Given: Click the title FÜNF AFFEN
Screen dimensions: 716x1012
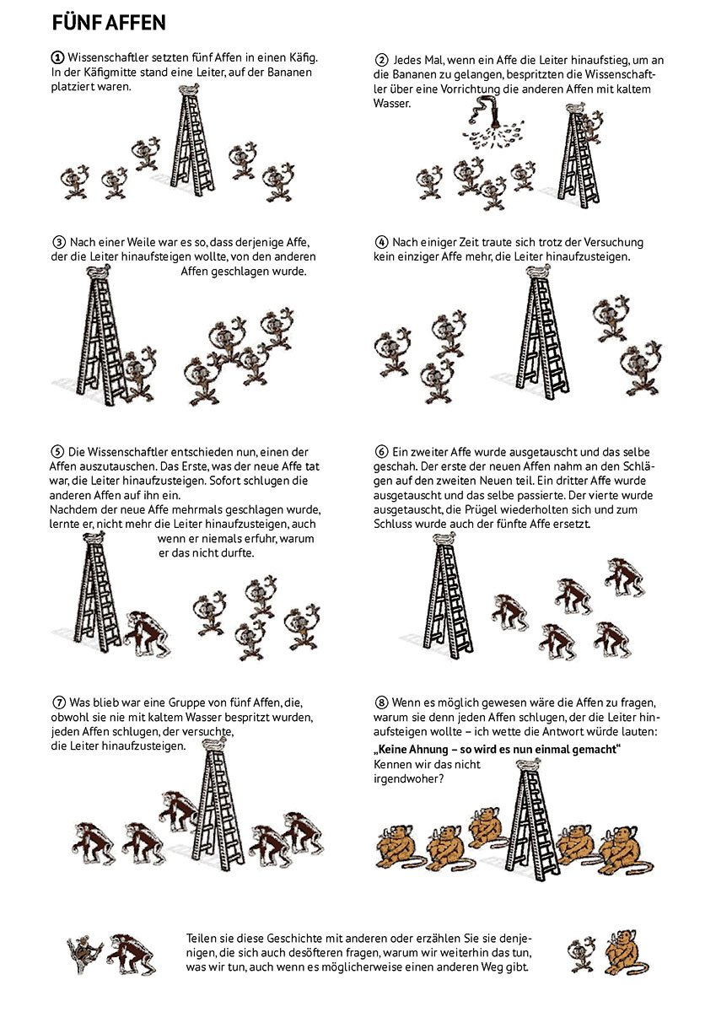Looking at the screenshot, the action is [109, 23].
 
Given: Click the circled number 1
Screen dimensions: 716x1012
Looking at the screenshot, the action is [57, 58].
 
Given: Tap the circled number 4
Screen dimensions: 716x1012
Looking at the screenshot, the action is [381, 242].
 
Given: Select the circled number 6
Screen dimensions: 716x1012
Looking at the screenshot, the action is [381, 452].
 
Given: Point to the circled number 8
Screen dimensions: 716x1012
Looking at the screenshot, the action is [381, 702].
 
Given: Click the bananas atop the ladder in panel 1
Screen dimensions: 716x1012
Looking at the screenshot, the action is [188, 89].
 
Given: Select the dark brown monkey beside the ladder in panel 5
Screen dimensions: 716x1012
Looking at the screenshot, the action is [147, 633].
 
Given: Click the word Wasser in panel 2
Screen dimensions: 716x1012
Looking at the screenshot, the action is [391, 104].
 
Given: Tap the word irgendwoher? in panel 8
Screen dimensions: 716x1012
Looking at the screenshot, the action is [408, 779].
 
